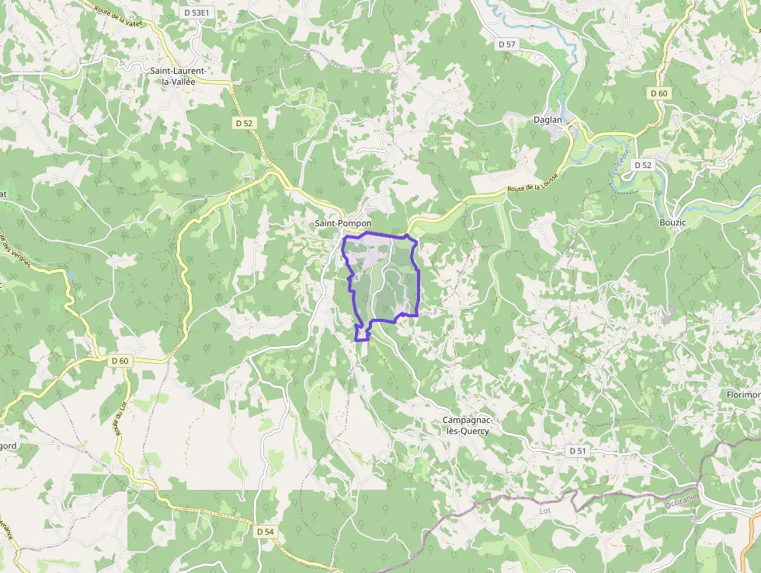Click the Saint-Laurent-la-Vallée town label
[x=178, y=75]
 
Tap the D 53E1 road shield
[x=197, y=13]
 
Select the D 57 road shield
[x=507, y=44]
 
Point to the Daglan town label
[x=547, y=120]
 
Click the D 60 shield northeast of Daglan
[x=658, y=93]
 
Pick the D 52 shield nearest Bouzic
[x=643, y=165]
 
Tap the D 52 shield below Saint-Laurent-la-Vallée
[x=244, y=123]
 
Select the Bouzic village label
[x=673, y=222]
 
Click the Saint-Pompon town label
[x=343, y=224]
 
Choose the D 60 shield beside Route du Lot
[x=120, y=361]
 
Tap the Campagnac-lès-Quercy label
[x=466, y=425]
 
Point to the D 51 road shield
[x=577, y=451]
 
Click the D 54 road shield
[x=264, y=531]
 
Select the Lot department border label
[x=545, y=511]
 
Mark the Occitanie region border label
[x=681, y=502]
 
